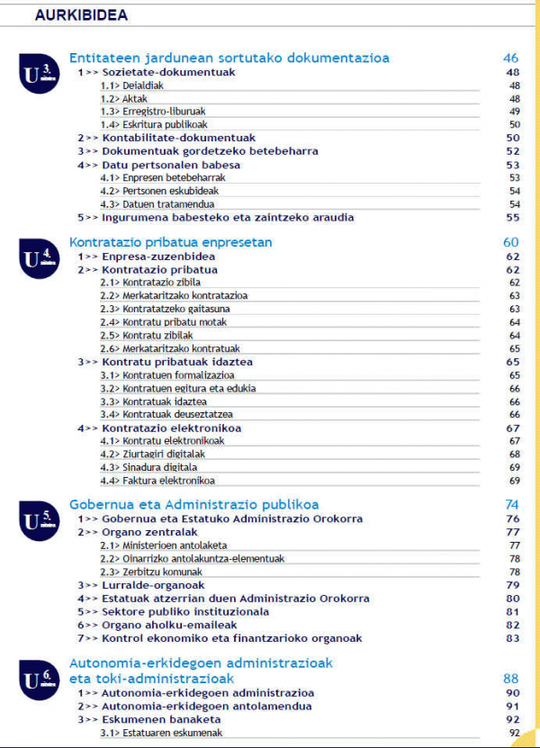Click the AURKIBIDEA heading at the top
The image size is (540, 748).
point(81,15)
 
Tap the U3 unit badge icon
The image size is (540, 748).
point(39,75)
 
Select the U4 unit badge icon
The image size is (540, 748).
point(39,258)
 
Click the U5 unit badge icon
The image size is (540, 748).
point(39,521)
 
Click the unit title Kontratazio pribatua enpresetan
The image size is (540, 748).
point(171,242)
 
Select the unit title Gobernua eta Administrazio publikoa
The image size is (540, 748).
point(193,505)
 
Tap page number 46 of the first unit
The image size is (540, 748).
point(511,59)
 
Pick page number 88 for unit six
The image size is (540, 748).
point(511,679)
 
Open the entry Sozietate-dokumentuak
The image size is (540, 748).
point(157,72)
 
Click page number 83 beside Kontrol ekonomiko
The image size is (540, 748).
point(514,638)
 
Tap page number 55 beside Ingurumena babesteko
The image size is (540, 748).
point(514,217)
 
